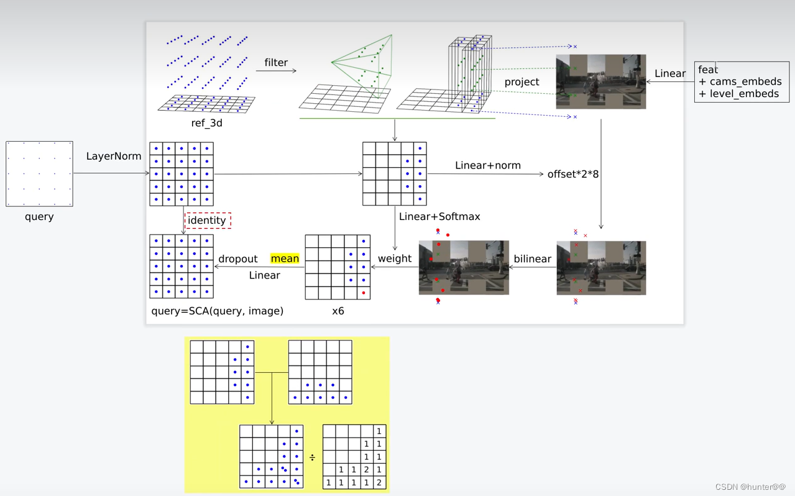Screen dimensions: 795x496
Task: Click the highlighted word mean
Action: click(x=285, y=259)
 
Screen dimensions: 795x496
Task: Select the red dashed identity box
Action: click(x=208, y=220)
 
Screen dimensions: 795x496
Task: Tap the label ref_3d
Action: click(x=206, y=123)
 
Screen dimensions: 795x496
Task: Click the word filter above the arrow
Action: click(x=276, y=62)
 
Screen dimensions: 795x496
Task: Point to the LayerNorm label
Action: click(x=114, y=156)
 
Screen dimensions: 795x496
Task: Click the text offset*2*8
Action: click(x=573, y=174)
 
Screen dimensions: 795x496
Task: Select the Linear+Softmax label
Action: click(x=439, y=216)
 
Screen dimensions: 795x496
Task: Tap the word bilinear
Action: click(x=532, y=259)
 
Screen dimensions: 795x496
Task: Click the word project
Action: click(x=522, y=82)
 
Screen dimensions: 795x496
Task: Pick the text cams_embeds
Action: click(x=746, y=81)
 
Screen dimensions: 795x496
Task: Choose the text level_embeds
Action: click(x=744, y=94)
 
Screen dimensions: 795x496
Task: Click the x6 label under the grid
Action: click(x=338, y=311)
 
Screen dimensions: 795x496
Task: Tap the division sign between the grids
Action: click(x=312, y=457)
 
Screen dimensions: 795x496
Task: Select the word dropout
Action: click(x=238, y=259)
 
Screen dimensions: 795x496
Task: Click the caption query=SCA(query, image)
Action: click(x=217, y=311)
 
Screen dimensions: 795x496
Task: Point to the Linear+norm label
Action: click(x=488, y=165)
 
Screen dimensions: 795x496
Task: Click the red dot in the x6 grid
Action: click(x=364, y=293)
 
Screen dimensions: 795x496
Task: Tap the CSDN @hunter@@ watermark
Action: click(x=750, y=487)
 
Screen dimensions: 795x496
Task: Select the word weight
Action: click(x=395, y=259)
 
